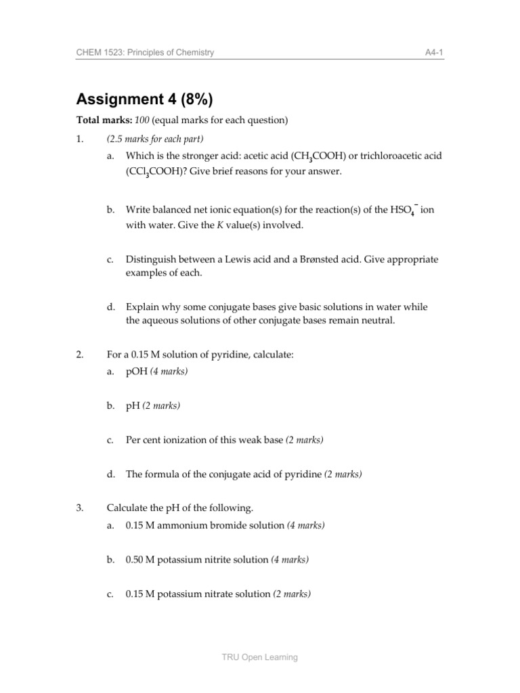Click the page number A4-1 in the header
pos(433,53)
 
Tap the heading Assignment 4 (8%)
pos(144,99)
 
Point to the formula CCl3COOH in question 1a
pos(148,172)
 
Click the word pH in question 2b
pos(133,406)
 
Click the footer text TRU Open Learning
pos(260,656)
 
